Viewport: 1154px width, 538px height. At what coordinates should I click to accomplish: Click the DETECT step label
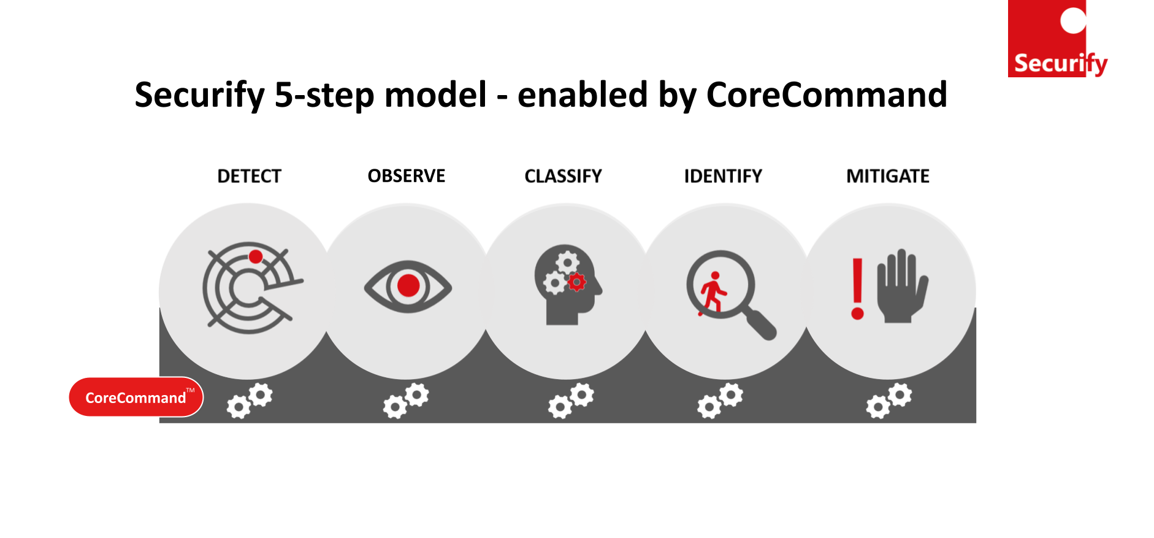tap(249, 177)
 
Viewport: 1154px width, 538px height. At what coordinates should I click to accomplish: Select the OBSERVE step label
tap(406, 176)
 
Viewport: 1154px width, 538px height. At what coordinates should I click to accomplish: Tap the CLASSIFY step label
tap(563, 177)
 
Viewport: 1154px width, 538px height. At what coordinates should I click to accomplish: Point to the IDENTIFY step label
tap(722, 177)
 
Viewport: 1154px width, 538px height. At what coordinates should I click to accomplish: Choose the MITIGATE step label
tap(887, 177)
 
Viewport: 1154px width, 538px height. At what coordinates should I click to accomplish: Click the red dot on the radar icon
tap(256, 256)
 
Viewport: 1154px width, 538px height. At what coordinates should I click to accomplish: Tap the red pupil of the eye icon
tap(408, 286)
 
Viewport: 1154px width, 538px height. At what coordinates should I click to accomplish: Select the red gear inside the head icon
tap(576, 282)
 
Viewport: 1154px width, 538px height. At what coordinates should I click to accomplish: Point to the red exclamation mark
tap(857, 288)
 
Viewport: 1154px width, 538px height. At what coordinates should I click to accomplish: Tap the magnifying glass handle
tap(760, 324)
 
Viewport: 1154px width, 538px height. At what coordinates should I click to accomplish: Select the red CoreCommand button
tap(136, 398)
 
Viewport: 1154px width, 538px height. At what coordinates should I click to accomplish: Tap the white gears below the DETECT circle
tap(250, 401)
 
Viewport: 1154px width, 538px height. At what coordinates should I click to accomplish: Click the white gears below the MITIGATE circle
tap(888, 401)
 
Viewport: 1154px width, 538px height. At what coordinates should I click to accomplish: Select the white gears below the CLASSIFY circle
tap(570, 401)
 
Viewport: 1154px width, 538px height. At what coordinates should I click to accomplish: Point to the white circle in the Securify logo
tap(1073, 20)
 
